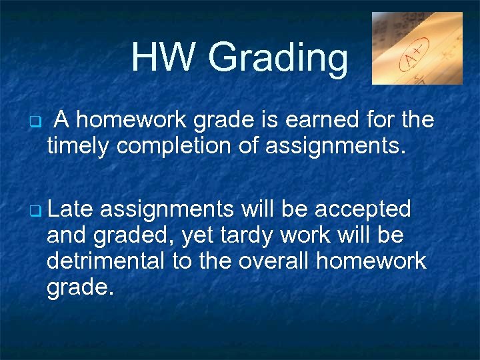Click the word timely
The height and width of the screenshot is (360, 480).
click(x=79, y=146)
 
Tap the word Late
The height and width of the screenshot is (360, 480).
click(x=73, y=209)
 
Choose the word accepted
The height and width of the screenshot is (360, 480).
click(x=362, y=209)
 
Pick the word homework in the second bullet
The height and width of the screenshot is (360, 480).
click(x=371, y=261)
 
